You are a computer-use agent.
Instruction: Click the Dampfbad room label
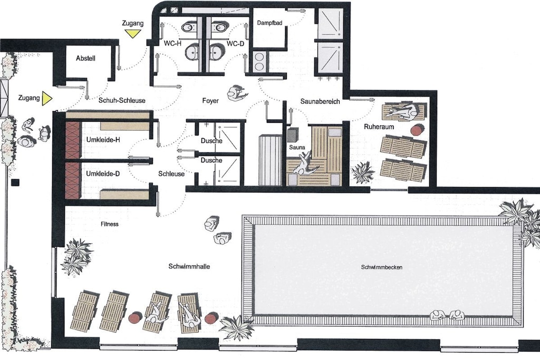click(x=269, y=23)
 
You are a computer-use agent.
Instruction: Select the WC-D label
click(x=235, y=44)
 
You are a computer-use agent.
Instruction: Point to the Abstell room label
click(x=85, y=58)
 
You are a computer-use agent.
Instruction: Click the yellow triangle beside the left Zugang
click(x=46, y=99)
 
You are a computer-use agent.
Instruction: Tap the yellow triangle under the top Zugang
click(x=133, y=33)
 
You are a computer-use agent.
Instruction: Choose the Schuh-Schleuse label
click(x=122, y=101)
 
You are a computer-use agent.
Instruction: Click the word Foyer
click(x=210, y=101)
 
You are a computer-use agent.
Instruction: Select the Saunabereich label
click(x=320, y=101)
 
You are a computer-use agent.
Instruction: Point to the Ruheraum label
click(x=379, y=127)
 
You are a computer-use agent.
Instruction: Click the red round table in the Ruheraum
click(x=418, y=130)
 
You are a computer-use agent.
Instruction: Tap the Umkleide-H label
click(x=103, y=140)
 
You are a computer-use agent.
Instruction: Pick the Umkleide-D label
click(x=103, y=173)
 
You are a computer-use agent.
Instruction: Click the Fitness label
click(x=110, y=224)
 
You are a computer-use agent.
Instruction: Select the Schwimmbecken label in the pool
click(x=382, y=267)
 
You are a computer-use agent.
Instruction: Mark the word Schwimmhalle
click(x=189, y=266)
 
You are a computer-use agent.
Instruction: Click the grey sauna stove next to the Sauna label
click(x=292, y=134)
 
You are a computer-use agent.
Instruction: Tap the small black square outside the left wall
click(x=15, y=183)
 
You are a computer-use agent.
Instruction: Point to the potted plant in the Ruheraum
click(x=362, y=172)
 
